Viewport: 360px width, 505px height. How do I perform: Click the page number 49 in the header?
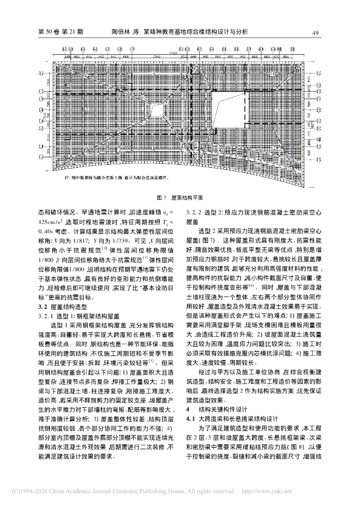pyautogui.click(x=318, y=33)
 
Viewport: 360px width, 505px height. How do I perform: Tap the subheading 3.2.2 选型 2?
pyautogui.click(x=253, y=213)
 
